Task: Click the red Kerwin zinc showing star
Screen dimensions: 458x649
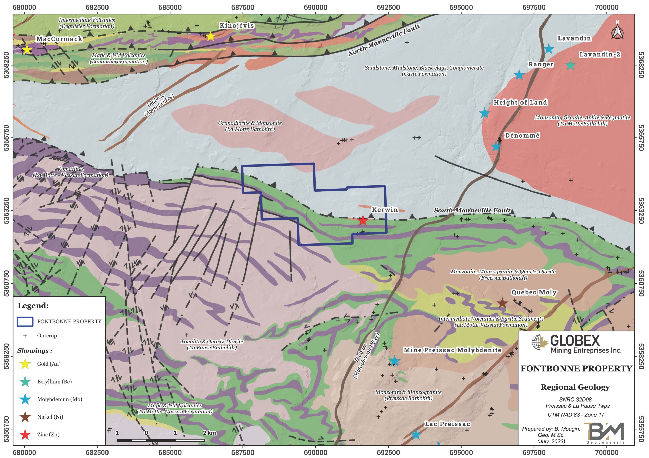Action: (x=362, y=220)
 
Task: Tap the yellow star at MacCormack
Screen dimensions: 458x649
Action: (x=27, y=50)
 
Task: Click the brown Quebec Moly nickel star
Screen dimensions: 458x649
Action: (x=502, y=303)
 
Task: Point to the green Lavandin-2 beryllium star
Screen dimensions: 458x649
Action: (x=570, y=65)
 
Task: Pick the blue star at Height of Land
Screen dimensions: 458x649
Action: (x=484, y=113)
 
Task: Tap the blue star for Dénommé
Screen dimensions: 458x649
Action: (x=496, y=146)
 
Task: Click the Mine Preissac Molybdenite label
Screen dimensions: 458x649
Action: (x=452, y=350)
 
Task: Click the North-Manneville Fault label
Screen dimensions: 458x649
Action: (x=383, y=40)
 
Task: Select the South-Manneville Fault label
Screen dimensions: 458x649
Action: (x=472, y=210)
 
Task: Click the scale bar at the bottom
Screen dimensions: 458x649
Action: (x=160, y=440)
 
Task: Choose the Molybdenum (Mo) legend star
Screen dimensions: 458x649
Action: (x=25, y=399)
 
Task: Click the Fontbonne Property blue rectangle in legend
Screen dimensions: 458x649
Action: (x=25, y=322)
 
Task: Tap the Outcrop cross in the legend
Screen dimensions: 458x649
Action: (x=25, y=336)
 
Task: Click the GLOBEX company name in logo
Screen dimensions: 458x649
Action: (x=575, y=341)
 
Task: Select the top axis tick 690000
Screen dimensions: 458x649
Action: (x=315, y=7)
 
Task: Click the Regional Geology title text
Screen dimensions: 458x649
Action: (x=575, y=387)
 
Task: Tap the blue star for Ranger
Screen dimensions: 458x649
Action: (x=519, y=75)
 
